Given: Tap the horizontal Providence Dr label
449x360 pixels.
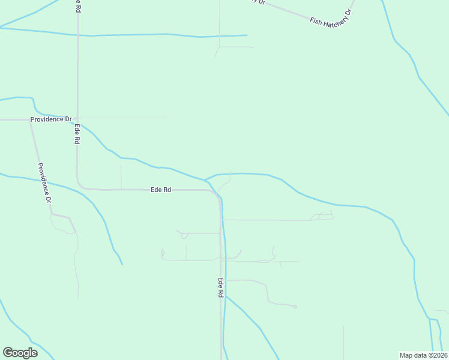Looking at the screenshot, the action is tap(51, 119).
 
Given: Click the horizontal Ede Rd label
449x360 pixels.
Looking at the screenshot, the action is tap(161, 190).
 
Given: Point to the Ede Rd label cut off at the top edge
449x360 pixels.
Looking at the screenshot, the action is tap(77, 5).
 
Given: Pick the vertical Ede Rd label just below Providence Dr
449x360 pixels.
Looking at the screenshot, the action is tap(77, 134).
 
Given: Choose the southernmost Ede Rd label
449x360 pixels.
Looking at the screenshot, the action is tap(221, 288).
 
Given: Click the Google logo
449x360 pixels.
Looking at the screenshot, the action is tap(20, 353).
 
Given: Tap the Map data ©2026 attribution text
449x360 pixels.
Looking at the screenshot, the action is tap(423, 355).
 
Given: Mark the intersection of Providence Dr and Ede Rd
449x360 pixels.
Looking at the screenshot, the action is tap(77, 119).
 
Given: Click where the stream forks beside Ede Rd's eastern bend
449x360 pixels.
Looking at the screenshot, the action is tap(205, 179).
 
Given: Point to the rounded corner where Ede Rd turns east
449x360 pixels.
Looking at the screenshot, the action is tap(80, 185).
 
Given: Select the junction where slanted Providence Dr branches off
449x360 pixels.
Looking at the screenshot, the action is tap(31, 119).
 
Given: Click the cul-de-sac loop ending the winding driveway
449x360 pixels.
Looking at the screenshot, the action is tap(295, 307).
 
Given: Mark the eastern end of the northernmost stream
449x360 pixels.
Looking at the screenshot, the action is tap(247, 35).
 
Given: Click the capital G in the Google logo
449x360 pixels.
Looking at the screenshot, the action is tap(8, 353).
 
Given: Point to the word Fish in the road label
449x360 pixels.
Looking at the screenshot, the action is tap(315, 21).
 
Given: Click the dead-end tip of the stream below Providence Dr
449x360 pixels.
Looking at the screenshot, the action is tap(122, 264).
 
